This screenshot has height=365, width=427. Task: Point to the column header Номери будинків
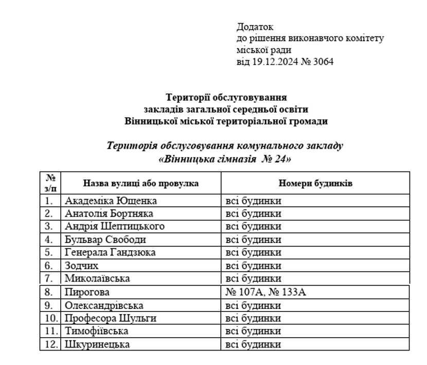[315, 183]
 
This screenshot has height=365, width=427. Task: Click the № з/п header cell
[50, 183]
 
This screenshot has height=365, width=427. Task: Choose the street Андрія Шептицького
[114, 227]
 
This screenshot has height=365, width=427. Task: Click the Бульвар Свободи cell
[105, 240]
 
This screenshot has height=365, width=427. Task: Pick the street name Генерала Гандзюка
[110, 253]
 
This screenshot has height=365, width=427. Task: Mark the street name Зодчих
[81, 266]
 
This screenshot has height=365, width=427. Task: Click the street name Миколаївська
[97, 279]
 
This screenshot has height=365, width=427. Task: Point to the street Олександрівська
[104, 305]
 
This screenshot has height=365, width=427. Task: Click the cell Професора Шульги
[110, 318]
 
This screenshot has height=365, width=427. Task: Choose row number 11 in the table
[50, 331]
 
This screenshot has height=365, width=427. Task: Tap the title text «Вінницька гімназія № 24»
[225, 159]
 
